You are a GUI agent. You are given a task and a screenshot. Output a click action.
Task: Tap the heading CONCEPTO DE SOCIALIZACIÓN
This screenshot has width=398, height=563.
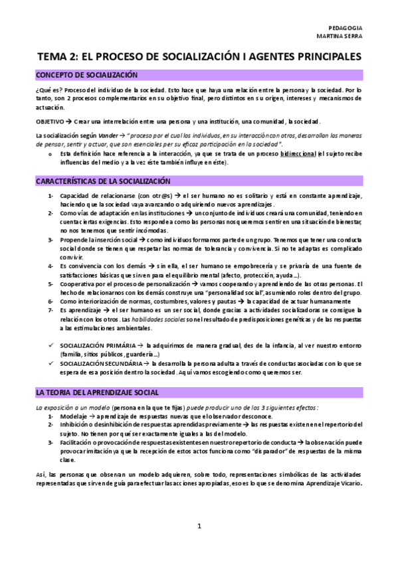coord(86,75)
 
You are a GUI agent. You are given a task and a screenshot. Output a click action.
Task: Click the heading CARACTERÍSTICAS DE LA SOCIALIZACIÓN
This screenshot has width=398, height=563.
coord(103,181)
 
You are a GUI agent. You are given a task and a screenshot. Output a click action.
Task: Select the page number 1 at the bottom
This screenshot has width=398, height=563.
coord(199,526)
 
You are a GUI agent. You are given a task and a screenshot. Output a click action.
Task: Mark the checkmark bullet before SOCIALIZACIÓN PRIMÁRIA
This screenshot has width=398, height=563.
coord(50,345)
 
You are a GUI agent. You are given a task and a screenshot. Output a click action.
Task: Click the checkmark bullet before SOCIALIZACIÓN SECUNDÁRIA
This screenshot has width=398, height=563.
coord(50,363)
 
